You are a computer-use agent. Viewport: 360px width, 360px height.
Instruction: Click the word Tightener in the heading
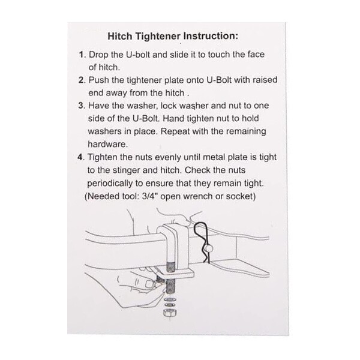158,36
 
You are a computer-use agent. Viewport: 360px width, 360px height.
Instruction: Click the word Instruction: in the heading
211,36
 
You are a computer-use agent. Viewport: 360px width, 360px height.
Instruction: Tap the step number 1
81,55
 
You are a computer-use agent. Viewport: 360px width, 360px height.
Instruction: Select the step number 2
81,80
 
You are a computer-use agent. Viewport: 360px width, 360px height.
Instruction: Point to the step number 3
81,106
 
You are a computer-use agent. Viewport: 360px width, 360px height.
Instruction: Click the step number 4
80,157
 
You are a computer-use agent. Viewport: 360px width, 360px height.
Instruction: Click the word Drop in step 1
98,55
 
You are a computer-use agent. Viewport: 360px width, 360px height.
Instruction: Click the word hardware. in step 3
108,144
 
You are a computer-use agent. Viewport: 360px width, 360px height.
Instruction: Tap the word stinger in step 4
126,170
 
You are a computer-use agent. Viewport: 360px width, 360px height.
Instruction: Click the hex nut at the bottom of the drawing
170,312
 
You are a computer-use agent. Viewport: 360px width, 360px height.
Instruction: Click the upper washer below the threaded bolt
170,300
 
